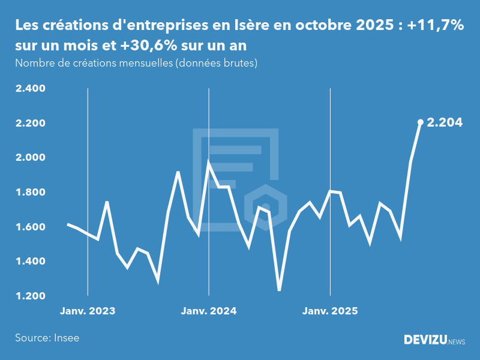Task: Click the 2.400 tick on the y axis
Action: (x=31, y=89)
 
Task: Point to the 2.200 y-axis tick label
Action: (x=31, y=124)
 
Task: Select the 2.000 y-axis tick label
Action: (x=31, y=158)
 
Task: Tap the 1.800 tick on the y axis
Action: (x=31, y=193)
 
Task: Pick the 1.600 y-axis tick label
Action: (x=31, y=227)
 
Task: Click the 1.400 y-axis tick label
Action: (x=31, y=262)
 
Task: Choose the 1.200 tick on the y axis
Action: (x=31, y=296)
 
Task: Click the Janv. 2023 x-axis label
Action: (x=88, y=311)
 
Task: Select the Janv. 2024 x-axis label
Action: (x=209, y=311)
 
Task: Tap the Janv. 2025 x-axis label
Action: (x=330, y=311)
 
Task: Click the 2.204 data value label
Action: (x=445, y=123)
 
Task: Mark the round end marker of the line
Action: (x=421, y=122)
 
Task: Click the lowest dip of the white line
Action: (x=279, y=290)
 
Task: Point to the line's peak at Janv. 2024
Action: (x=209, y=163)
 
